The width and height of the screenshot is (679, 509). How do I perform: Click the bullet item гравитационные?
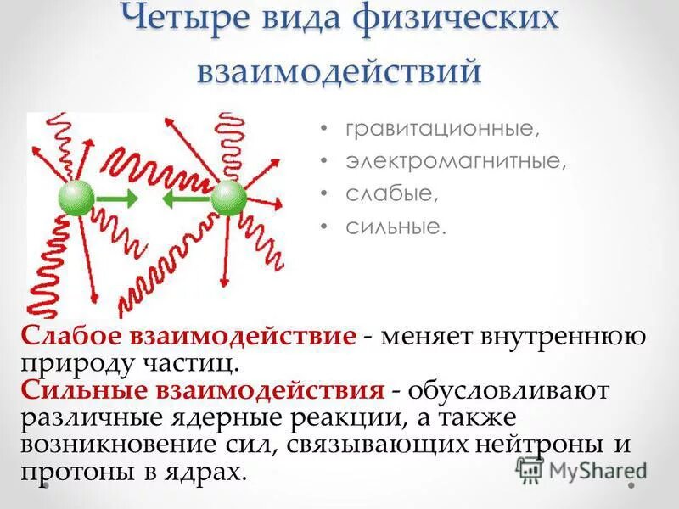[441, 131]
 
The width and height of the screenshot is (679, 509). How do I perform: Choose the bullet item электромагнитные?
[455, 162]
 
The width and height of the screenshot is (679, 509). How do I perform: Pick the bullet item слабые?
[391, 194]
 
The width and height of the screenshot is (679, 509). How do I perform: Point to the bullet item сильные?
[395, 227]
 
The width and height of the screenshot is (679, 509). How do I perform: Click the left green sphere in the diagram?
[76, 198]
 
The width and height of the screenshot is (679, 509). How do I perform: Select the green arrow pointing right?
[118, 198]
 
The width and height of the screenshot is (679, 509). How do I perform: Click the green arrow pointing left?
[182, 199]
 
